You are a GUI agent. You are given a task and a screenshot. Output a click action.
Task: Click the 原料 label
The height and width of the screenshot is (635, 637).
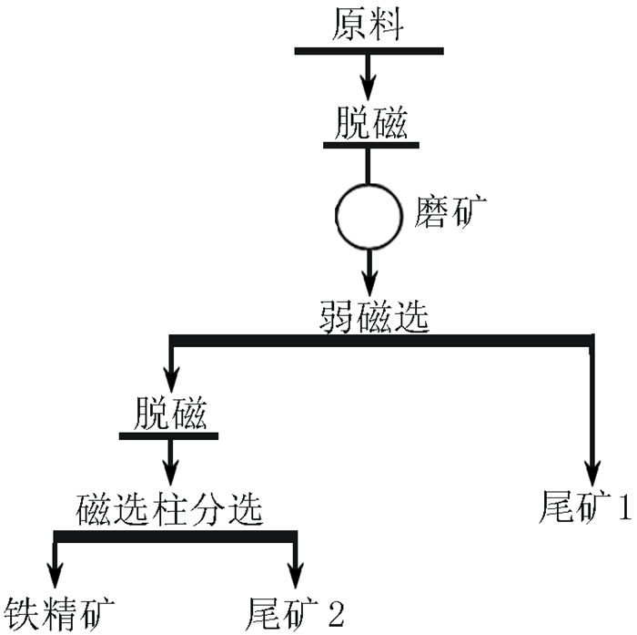[x=368, y=25]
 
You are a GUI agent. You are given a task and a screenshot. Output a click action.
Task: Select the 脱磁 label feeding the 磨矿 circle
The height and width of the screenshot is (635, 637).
[x=369, y=122]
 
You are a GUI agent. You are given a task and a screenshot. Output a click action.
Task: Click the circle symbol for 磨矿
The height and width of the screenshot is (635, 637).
[x=369, y=218]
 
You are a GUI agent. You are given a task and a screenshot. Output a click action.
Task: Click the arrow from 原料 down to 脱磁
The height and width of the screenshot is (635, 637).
[x=368, y=77]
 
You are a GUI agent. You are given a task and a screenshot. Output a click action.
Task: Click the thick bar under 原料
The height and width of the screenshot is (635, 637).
[x=368, y=49]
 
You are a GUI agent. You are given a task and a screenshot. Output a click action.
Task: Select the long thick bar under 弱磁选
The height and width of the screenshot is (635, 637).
[x=382, y=341]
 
